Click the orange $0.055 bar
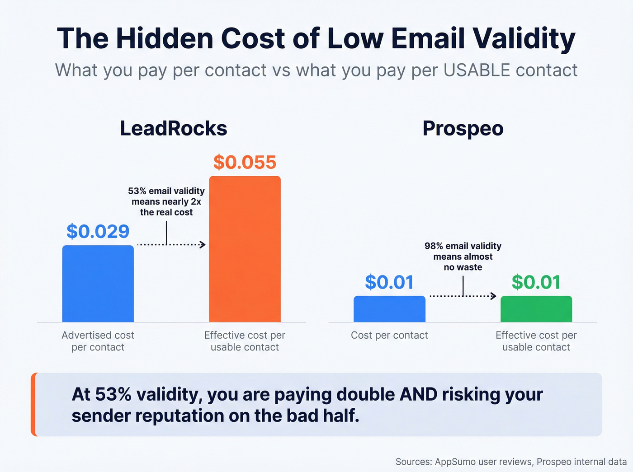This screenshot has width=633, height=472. coord(245,249)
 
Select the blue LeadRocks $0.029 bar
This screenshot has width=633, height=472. coord(98,284)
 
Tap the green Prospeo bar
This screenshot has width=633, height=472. coord(536,309)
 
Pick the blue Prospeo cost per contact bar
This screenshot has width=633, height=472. coord(389,309)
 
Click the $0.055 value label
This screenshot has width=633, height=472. coord(245,163)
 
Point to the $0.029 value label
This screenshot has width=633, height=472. coord(98,232)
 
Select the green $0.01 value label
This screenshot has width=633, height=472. coord(536,282)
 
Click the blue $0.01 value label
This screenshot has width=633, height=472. coord(389,282)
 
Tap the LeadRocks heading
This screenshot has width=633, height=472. coord(174,128)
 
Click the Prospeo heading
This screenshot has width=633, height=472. coord(463,128)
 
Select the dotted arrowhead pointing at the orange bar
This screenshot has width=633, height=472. coord(203,245)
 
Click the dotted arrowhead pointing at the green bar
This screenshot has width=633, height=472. coord(494,296)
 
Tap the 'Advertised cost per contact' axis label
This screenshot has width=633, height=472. coord(98,341)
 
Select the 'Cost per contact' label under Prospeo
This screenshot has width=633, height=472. coord(389,335)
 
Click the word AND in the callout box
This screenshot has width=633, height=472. coord(418,394)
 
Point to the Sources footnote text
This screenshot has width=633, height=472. coord(511,462)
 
